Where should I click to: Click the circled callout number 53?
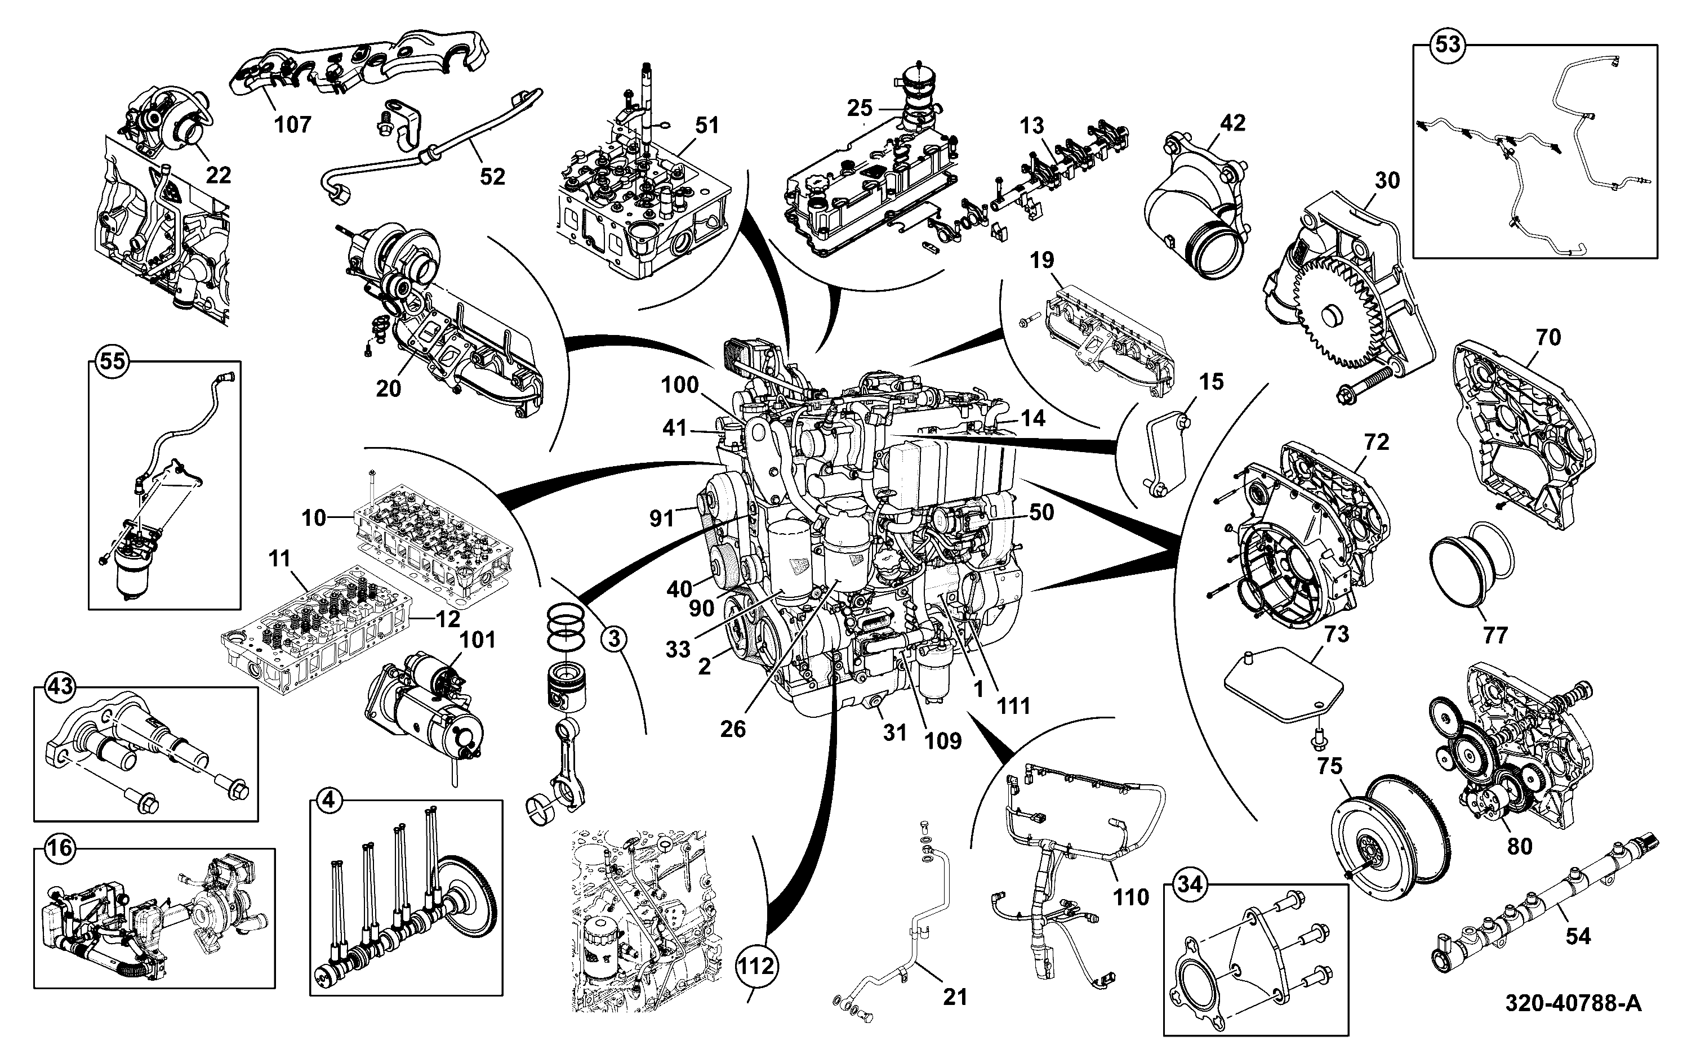1448,44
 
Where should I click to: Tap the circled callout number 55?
113,361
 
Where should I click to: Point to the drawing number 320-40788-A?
1573,1003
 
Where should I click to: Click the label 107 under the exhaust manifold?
293,124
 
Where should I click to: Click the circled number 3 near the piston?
613,640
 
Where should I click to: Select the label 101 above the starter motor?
477,640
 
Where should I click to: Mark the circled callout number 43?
59,686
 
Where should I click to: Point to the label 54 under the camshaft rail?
1578,936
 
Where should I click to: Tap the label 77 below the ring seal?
1495,634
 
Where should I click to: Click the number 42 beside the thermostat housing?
1232,123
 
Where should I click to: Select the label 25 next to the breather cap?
860,108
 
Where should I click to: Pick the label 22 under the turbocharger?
219,175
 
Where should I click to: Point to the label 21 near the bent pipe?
955,997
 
